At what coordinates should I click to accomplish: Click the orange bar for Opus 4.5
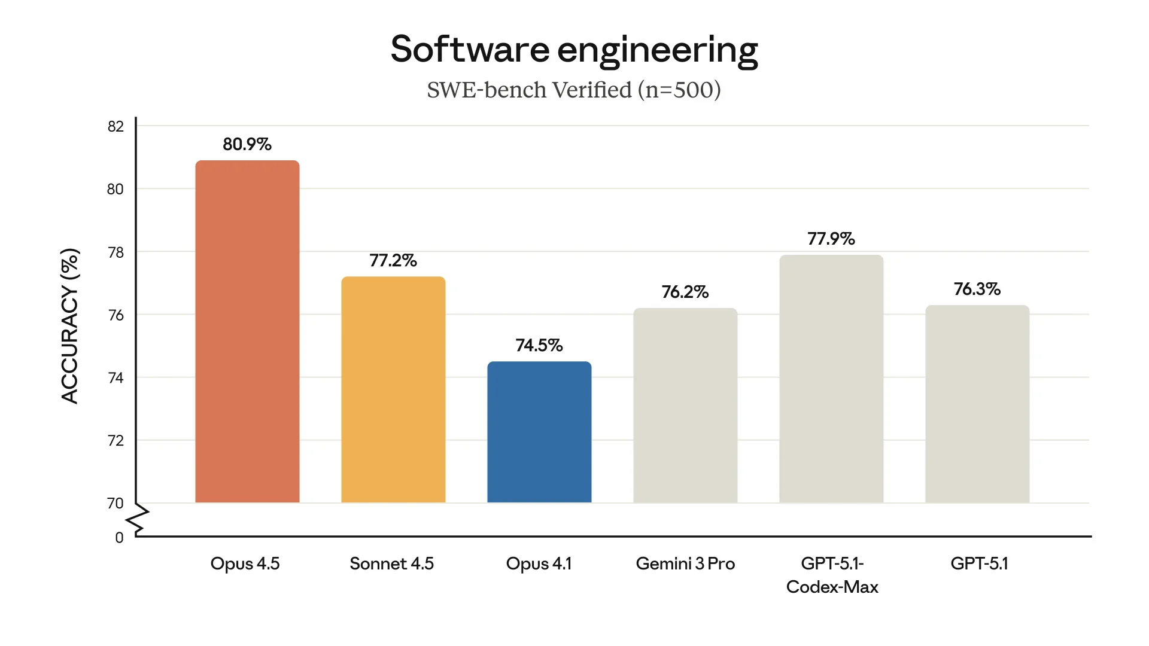coord(247,332)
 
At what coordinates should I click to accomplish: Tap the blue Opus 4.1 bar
coord(539,432)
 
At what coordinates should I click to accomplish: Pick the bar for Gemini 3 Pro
coord(685,406)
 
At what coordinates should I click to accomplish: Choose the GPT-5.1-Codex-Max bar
coord(831,379)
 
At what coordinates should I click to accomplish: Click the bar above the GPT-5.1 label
coord(977,404)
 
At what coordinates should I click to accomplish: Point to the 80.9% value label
coord(247,144)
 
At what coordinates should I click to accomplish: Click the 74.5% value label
coord(539,345)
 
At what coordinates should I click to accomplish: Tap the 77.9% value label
coord(831,239)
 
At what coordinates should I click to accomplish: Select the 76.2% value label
coord(685,292)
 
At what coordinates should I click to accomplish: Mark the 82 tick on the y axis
coord(115,126)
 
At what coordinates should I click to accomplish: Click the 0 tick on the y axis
coord(119,538)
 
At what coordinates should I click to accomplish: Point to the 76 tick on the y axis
coord(115,315)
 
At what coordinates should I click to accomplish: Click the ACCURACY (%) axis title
coord(70,326)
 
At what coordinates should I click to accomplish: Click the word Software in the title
coord(470,49)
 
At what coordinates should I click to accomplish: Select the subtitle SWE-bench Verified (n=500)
coord(574,90)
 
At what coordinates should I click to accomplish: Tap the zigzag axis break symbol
coord(138,519)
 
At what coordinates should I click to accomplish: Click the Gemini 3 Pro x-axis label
coord(685,563)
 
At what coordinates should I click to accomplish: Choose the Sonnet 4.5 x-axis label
coord(392,563)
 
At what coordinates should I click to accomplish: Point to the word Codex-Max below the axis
coord(832,587)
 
